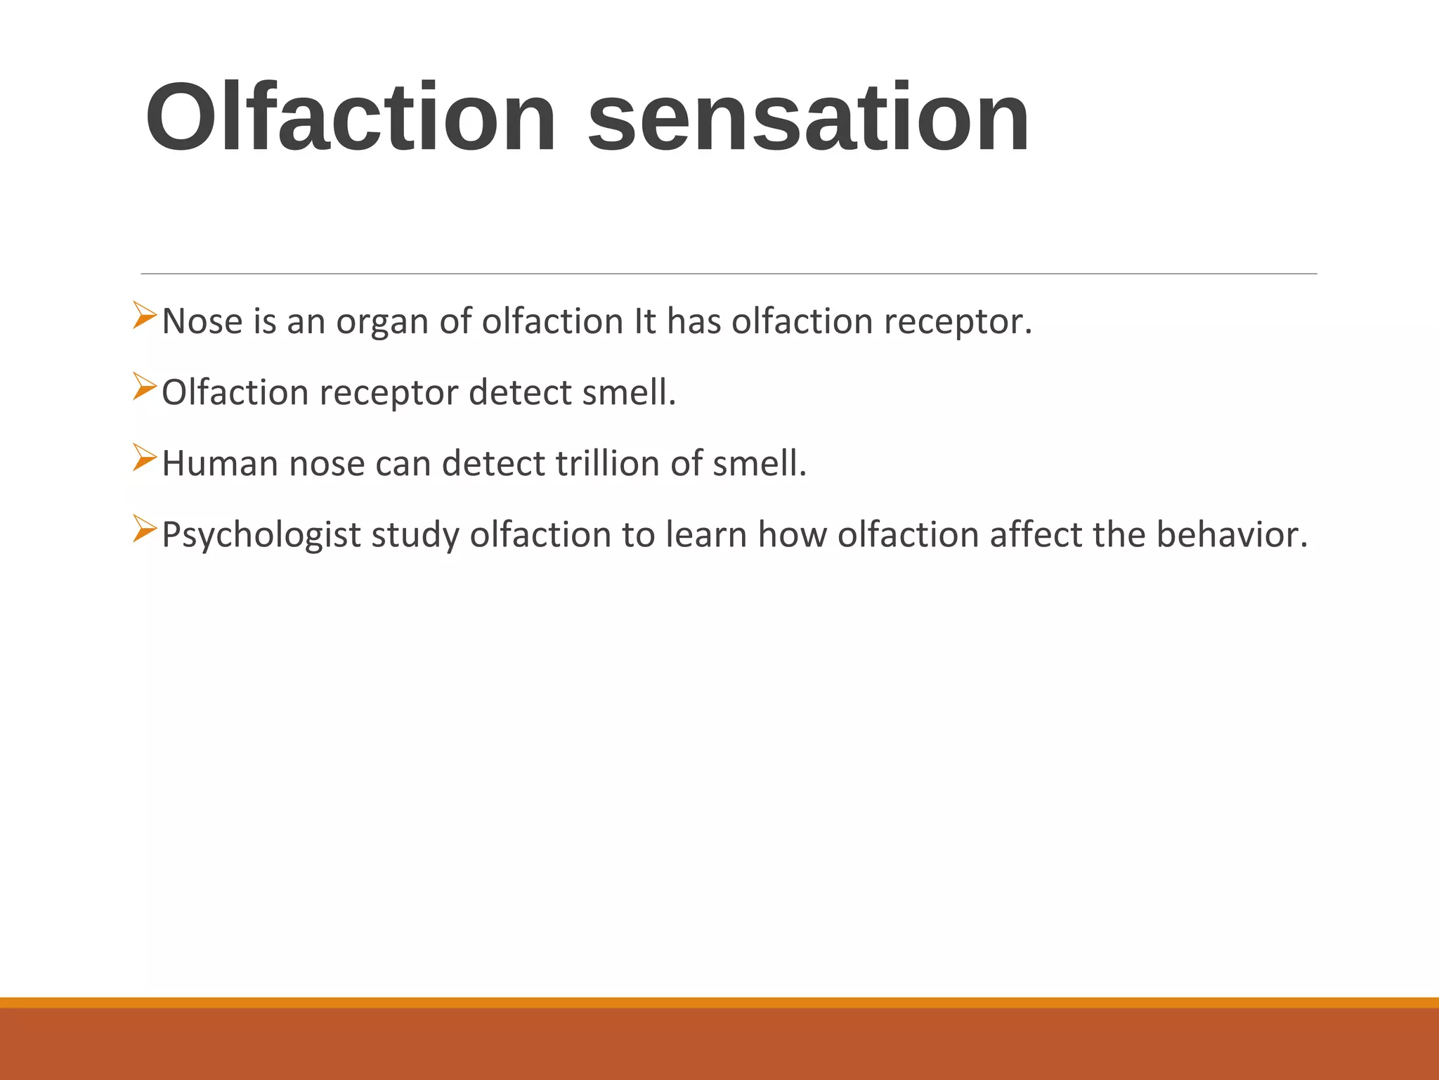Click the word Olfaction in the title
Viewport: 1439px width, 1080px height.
click(x=351, y=117)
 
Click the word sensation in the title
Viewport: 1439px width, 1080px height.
click(x=808, y=117)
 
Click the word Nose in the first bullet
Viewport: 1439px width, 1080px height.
click(x=202, y=322)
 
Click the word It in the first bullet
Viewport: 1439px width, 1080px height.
click(x=644, y=322)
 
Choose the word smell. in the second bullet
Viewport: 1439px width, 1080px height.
click(x=629, y=392)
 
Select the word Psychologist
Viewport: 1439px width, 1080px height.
click(x=261, y=536)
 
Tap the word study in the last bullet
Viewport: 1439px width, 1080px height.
click(x=415, y=536)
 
